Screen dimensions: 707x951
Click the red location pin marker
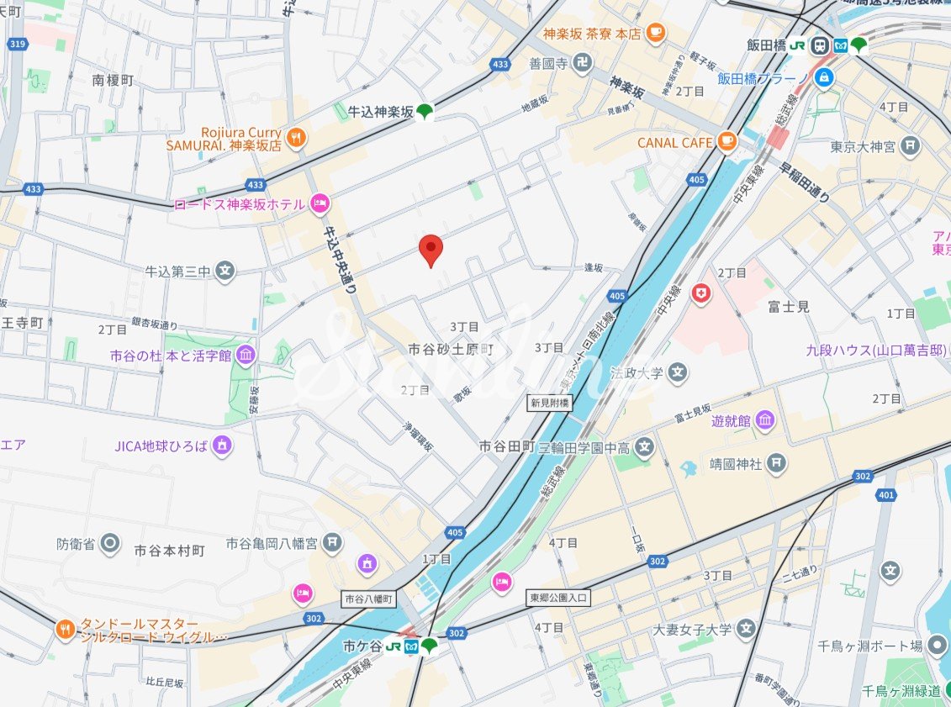pyautogui.click(x=431, y=249)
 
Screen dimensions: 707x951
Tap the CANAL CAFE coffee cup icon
pyautogui.click(x=726, y=142)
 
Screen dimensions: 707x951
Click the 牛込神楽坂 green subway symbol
pyautogui.click(x=426, y=111)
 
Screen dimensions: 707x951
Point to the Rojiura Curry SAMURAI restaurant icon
pyautogui.click(x=295, y=138)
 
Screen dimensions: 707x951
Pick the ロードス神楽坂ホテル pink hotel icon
pyautogui.click(x=320, y=203)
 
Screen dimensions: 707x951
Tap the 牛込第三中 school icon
pyautogui.click(x=225, y=271)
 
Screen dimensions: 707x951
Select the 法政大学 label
pyautogui.click(x=637, y=372)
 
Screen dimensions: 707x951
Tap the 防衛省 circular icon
pyautogui.click(x=109, y=543)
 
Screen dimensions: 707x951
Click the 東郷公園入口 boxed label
pyautogui.click(x=560, y=598)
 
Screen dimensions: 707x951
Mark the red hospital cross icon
pyautogui.click(x=700, y=293)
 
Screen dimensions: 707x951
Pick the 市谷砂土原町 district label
pyautogui.click(x=451, y=347)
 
